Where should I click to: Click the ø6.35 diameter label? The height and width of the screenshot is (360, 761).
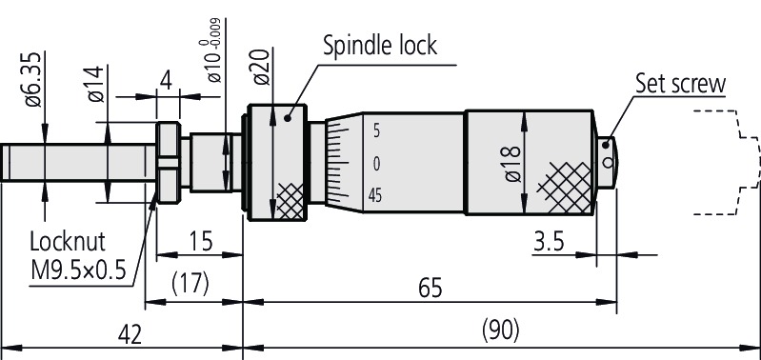click(x=33, y=81)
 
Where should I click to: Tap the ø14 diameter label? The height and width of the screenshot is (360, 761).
click(x=96, y=84)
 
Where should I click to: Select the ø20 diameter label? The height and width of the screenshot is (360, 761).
click(x=262, y=68)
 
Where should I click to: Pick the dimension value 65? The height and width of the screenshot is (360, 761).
click(x=430, y=289)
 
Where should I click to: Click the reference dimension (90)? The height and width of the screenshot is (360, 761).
click(x=500, y=331)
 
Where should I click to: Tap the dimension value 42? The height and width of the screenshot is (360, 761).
click(x=130, y=335)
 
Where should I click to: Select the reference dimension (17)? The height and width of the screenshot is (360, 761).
click(x=190, y=284)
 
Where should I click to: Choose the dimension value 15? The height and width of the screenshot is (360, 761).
click(x=200, y=241)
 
